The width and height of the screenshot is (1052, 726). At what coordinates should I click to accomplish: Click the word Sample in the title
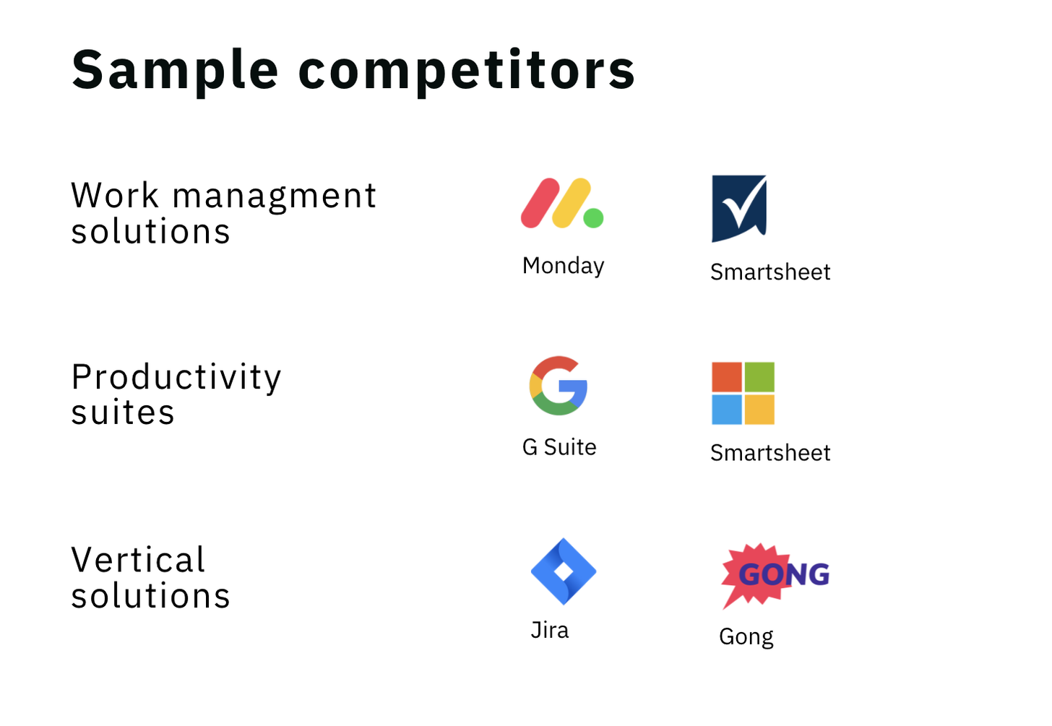tap(175, 71)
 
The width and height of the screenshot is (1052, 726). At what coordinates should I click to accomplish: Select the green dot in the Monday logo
tap(594, 218)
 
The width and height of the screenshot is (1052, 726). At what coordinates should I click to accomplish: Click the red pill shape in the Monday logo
tap(540, 203)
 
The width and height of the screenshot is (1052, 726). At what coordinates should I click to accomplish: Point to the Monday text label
tap(563, 267)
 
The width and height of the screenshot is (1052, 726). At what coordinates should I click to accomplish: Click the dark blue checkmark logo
tap(739, 209)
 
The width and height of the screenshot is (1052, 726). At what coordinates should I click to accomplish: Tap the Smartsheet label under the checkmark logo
tap(770, 272)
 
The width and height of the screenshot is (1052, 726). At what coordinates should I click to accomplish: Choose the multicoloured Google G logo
tap(559, 386)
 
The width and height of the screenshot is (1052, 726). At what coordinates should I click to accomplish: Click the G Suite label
tap(559, 447)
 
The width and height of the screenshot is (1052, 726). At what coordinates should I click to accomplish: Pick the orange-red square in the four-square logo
tap(727, 377)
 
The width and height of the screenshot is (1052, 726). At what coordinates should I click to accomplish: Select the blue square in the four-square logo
tap(727, 410)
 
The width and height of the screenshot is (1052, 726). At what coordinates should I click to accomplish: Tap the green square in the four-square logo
tap(759, 377)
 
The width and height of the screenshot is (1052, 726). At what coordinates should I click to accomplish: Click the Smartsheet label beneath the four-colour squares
tap(770, 454)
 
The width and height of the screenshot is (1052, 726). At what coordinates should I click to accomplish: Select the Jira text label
tap(549, 630)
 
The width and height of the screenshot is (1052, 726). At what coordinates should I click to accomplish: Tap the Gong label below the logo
tap(746, 638)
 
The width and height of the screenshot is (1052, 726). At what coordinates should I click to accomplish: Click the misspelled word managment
tap(275, 197)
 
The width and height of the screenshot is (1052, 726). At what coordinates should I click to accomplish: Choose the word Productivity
tap(176, 379)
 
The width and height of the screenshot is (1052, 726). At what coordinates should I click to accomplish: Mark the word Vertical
tap(138, 560)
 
